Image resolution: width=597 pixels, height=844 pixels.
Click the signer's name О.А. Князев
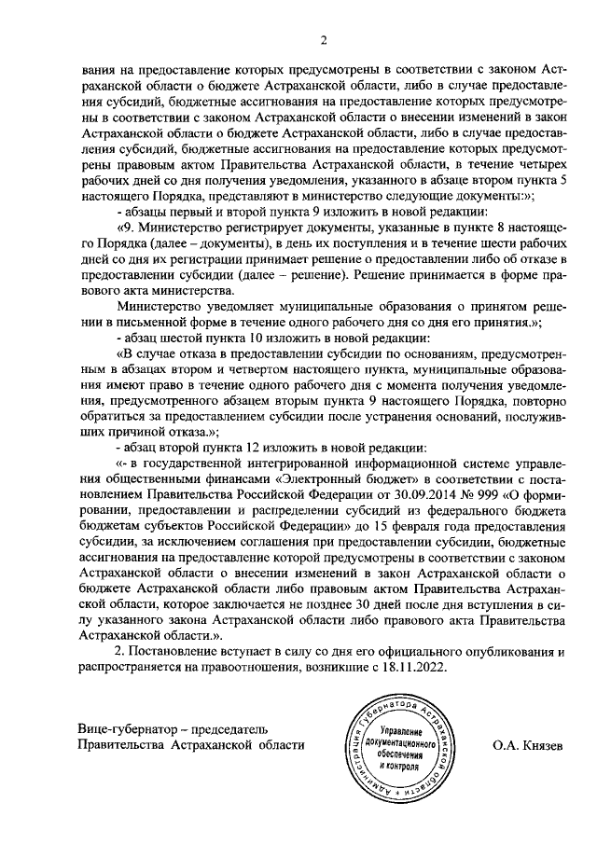[529, 746]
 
